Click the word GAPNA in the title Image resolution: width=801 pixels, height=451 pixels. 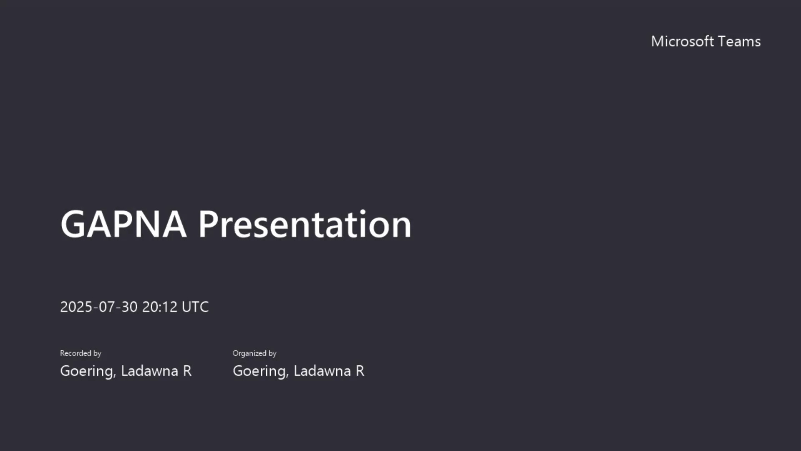(123, 224)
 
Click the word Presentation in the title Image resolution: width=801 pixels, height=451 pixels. (305, 224)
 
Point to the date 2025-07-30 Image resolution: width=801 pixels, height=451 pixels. (99, 307)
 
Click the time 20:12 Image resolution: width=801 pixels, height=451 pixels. (160, 307)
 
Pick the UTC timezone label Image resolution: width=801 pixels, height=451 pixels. (195, 307)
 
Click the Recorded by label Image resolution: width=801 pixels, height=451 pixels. (81, 353)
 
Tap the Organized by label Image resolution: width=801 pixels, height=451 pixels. (254, 353)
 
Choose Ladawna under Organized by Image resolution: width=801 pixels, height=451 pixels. (322, 371)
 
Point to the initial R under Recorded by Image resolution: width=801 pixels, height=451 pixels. (187, 371)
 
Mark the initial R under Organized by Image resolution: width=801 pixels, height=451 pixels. (360, 371)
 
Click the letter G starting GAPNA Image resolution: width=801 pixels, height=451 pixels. (73, 224)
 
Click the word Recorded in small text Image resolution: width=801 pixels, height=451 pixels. (76, 353)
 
